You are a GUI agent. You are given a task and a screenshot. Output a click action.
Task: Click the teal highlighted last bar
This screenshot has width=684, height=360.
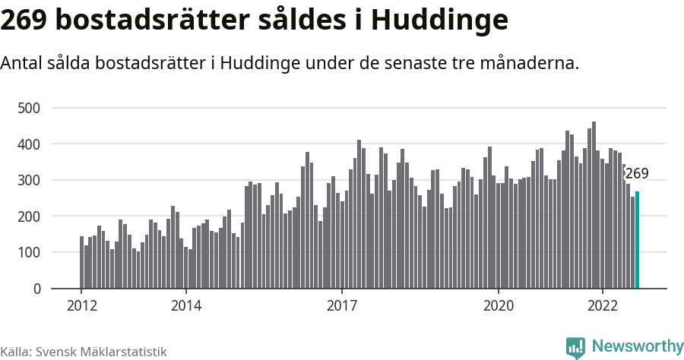638,241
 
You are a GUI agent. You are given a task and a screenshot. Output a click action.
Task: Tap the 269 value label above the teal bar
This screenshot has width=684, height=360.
637,173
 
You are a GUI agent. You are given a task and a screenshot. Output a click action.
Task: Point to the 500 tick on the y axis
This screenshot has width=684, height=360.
28,108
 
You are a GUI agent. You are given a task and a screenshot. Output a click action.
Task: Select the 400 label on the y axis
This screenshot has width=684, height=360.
28,144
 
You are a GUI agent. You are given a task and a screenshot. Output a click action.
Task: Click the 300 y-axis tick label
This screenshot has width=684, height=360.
28,181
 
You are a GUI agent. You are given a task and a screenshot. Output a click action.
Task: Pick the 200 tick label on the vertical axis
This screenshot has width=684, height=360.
28,216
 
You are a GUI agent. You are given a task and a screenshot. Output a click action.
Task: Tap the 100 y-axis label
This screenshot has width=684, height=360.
28,253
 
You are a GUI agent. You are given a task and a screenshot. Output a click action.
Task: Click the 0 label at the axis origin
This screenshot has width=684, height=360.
36,289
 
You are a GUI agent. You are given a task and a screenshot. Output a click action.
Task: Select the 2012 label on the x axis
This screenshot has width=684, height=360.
82,306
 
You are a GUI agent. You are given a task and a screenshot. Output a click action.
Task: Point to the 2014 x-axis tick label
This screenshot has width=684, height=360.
186,306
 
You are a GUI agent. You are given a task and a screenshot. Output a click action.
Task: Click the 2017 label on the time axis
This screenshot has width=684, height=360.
343,306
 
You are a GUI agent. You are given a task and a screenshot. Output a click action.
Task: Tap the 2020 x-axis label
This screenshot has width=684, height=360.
499,306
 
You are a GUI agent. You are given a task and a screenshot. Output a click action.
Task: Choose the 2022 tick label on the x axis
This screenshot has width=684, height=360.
603,306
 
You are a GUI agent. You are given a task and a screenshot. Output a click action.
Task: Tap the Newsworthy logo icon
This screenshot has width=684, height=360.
576,347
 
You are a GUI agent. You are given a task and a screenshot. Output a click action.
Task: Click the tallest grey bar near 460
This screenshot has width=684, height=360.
594,205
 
